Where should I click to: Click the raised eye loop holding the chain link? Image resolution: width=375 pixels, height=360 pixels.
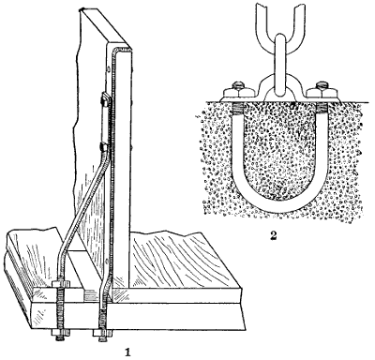coord(277,87)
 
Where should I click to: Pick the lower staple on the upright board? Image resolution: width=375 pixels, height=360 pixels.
coord(100,146)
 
